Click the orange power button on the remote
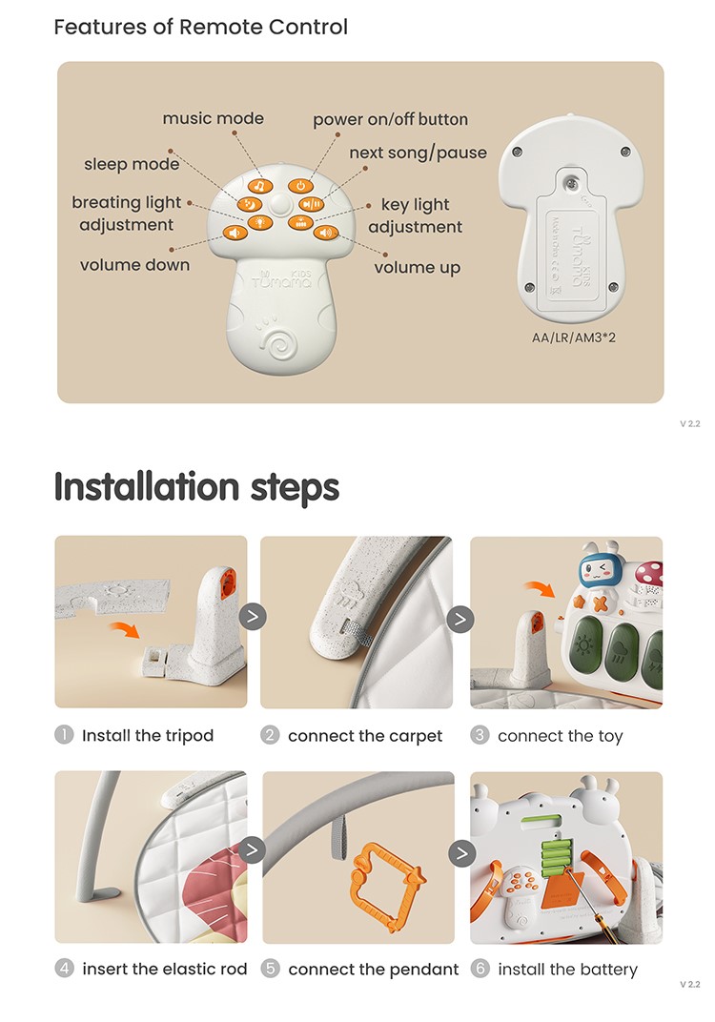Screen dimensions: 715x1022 (300, 186)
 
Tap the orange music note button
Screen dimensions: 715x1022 (260, 187)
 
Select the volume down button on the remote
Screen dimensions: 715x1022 (235, 233)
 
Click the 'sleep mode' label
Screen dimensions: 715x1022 (132, 164)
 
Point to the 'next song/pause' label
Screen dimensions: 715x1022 (418, 153)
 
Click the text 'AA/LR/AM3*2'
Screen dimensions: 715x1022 (574, 337)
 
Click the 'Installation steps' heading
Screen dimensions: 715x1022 (196, 487)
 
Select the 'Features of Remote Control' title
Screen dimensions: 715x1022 (201, 27)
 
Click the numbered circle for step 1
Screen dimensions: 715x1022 (64, 734)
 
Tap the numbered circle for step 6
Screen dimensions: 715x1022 (480, 969)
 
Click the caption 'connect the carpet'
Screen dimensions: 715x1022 (365, 736)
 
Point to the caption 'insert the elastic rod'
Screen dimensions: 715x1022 (165, 970)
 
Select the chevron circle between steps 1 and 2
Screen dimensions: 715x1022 (253, 616)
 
